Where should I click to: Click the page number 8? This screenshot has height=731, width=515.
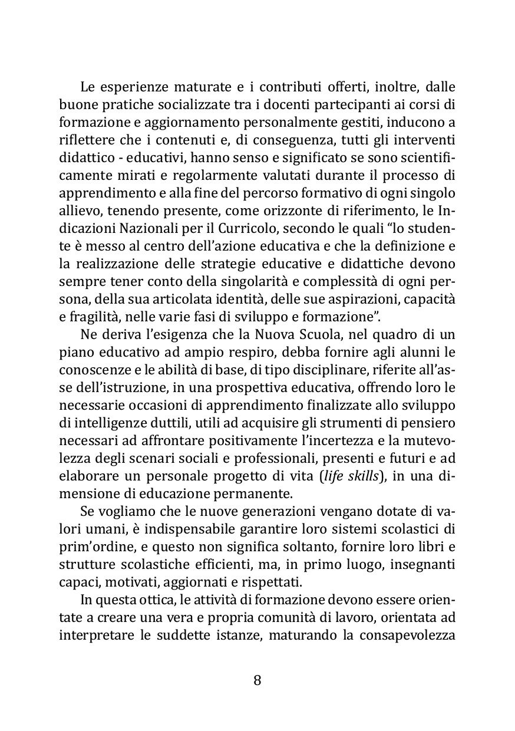257,680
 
